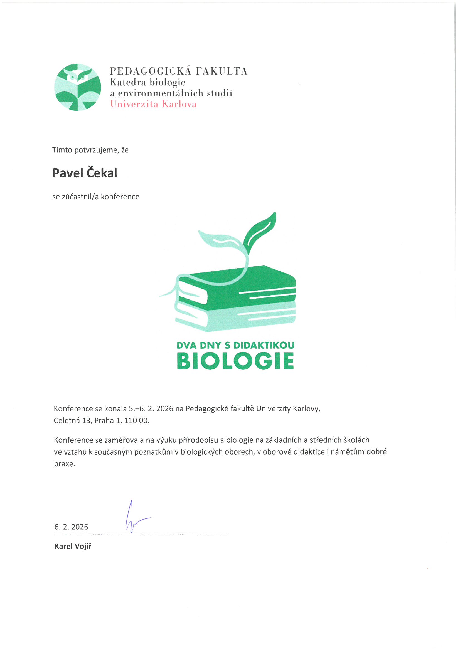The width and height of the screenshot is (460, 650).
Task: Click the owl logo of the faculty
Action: click(77, 87)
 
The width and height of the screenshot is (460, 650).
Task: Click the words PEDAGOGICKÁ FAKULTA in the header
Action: click(179, 71)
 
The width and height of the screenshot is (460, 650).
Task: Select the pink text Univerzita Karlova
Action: click(153, 104)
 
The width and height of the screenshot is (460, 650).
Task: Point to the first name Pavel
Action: click(67, 173)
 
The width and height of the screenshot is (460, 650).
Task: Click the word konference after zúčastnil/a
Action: click(120, 197)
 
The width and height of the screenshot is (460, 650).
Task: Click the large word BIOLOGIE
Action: click(235, 361)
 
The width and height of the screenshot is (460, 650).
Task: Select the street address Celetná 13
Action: click(72, 420)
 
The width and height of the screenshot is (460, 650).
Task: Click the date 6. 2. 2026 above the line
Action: click(71, 527)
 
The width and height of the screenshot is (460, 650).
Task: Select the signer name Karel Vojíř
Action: click(73, 546)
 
